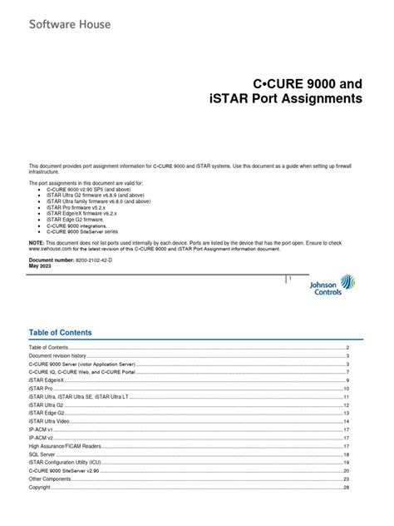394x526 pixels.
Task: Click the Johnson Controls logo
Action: click(x=332, y=287)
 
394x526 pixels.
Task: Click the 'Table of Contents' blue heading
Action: click(x=60, y=332)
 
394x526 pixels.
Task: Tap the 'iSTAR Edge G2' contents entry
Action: click(x=47, y=413)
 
